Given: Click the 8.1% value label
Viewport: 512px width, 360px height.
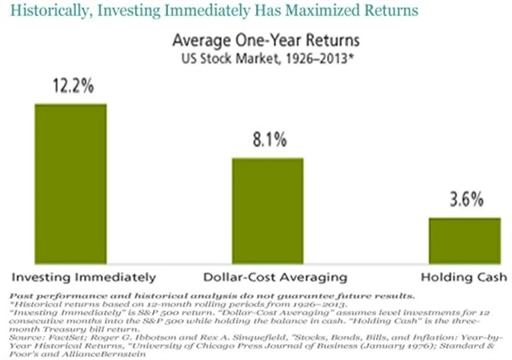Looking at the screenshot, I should [x=268, y=142].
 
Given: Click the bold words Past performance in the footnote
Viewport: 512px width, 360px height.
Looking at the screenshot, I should [x=42, y=294].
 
